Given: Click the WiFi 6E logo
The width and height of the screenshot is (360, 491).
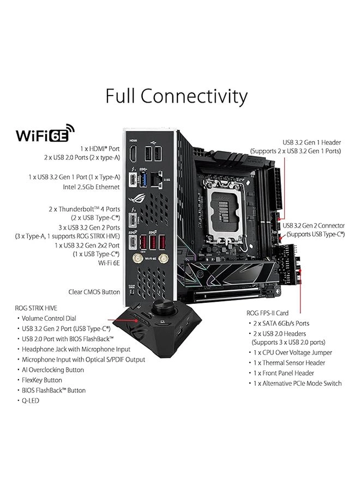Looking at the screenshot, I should [46, 134].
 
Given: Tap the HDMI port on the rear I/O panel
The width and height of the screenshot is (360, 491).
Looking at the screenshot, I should [133, 154].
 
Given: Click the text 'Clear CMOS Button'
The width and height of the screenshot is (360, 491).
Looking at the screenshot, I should [94, 292].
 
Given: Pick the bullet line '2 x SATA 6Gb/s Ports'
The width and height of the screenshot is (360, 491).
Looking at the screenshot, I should [280, 324].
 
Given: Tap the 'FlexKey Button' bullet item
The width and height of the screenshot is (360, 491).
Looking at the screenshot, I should [42, 380].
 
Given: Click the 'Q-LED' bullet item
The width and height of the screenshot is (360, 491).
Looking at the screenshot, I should [31, 400].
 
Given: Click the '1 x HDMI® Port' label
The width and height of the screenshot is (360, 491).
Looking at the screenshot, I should [99, 148].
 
